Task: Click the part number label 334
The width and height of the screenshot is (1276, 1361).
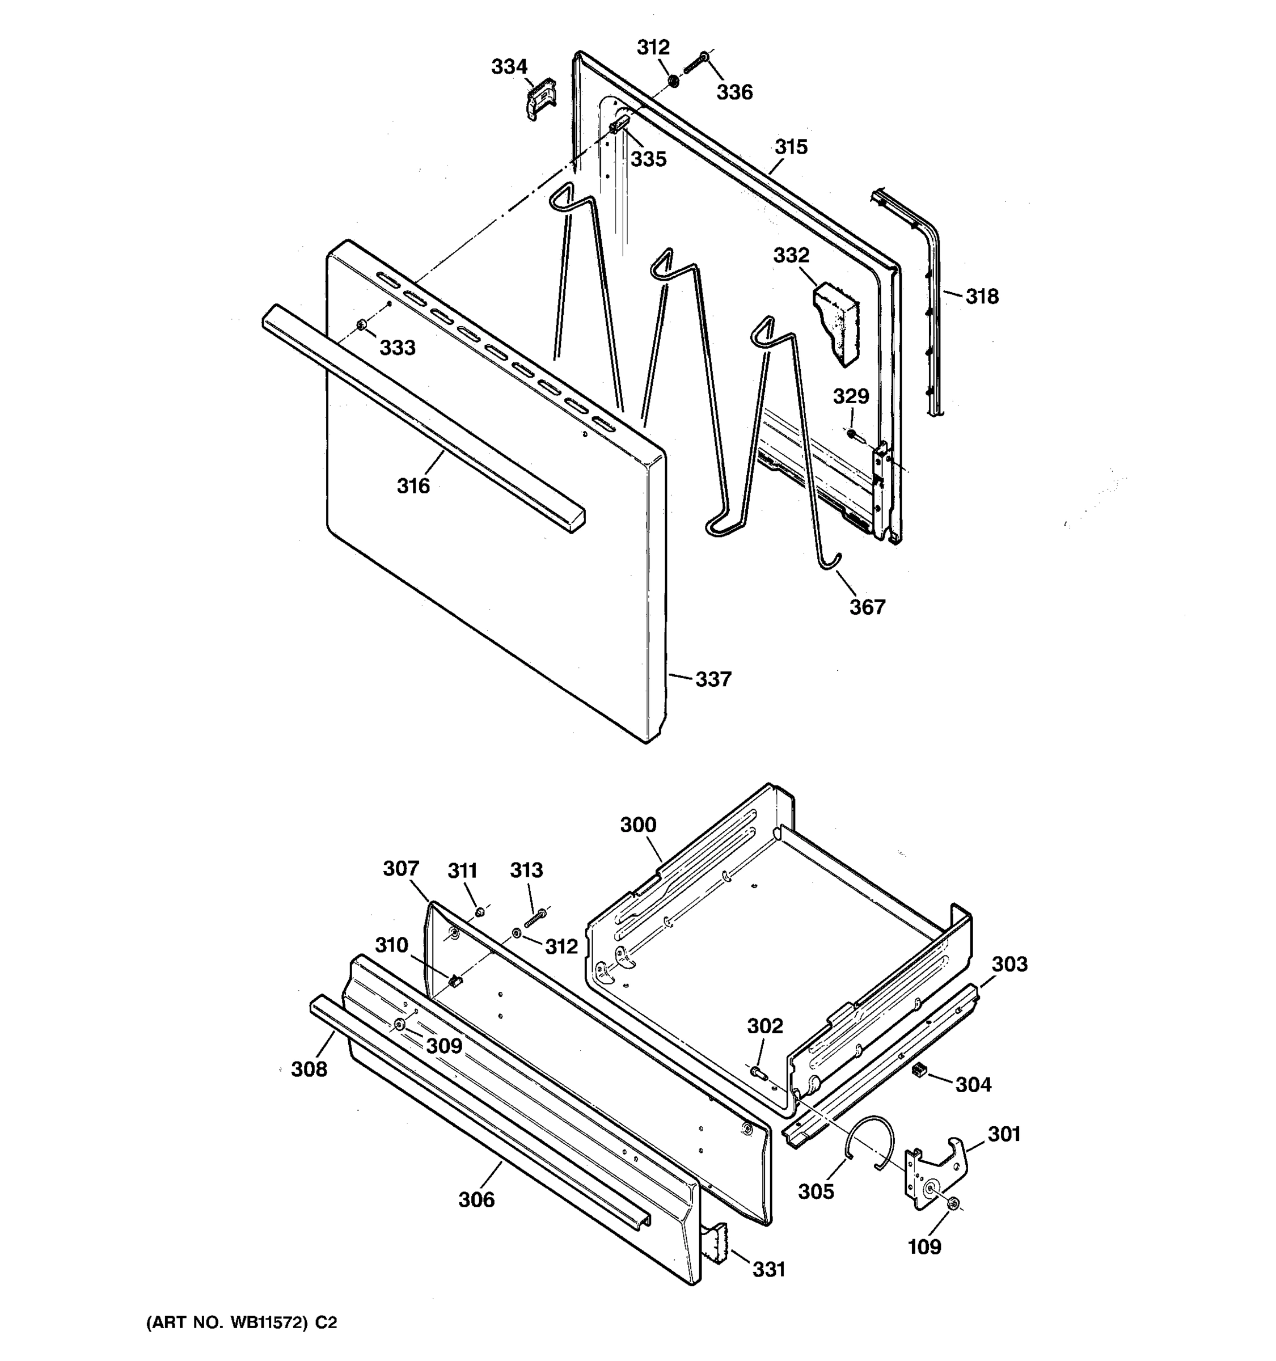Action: (x=509, y=67)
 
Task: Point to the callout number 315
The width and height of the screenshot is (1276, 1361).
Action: (x=791, y=147)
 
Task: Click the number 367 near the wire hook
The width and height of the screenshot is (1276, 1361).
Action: (x=867, y=607)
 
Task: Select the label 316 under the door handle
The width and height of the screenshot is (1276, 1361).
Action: (x=413, y=486)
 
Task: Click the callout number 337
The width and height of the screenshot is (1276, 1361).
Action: (x=713, y=679)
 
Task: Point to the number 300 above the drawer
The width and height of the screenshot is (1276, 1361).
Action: (x=638, y=825)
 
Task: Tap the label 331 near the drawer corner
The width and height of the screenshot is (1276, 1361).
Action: (x=769, y=1270)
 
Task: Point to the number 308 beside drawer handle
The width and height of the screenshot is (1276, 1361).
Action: (x=310, y=1069)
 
